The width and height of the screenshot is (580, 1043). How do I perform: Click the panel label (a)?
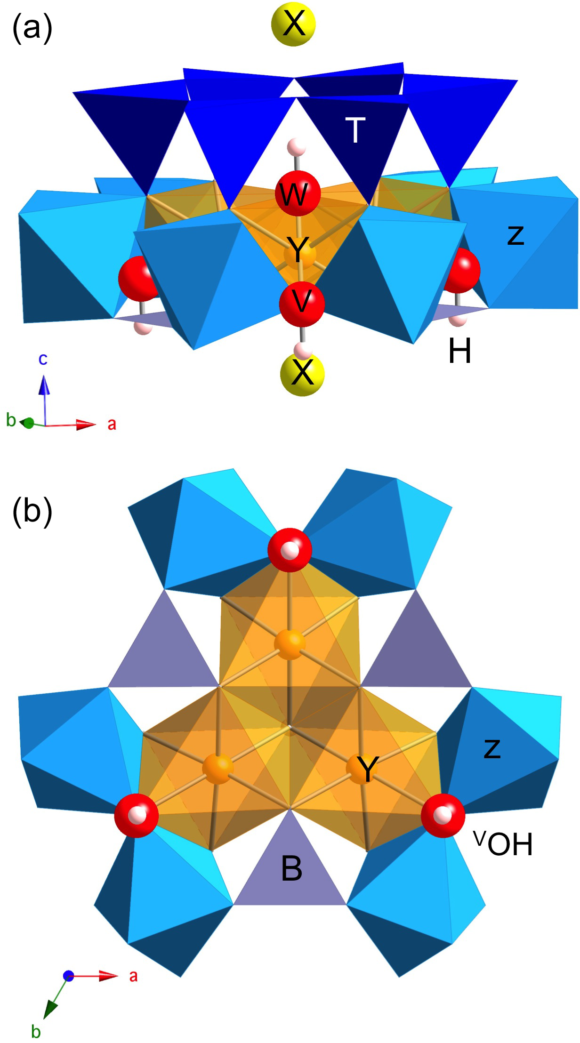point(32,29)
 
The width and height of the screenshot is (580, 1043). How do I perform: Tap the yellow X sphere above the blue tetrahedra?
point(293,24)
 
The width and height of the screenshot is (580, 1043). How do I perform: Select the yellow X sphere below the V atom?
point(302,374)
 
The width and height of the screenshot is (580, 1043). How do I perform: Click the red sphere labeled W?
point(298,193)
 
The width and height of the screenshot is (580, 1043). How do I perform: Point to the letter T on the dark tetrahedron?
point(355,130)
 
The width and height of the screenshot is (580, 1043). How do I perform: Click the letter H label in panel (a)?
point(459,352)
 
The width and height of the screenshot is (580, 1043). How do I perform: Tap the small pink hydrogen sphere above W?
point(297,146)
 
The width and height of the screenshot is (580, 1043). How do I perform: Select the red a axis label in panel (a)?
point(112,424)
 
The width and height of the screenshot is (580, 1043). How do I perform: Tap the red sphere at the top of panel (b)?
point(290,549)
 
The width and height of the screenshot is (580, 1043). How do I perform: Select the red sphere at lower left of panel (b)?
point(137,816)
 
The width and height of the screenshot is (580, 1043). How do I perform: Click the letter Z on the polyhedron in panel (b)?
point(492,748)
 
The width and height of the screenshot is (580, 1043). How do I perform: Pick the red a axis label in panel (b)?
point(134,976)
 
